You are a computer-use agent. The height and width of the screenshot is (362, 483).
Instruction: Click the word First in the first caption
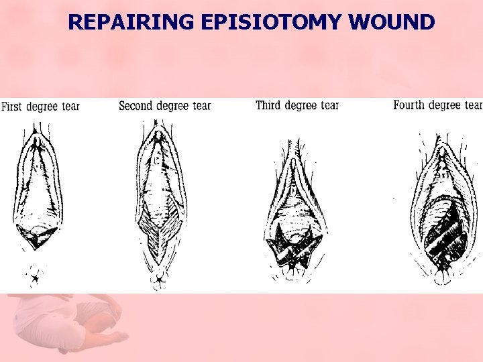11,107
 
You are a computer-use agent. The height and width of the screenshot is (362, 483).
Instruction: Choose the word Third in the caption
268,105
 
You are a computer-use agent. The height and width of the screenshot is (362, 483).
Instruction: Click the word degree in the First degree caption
42,107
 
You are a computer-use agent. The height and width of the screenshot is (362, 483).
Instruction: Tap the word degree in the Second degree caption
173,107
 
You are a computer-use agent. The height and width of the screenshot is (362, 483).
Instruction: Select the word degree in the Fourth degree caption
445,105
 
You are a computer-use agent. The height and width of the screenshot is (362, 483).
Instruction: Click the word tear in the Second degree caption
201,106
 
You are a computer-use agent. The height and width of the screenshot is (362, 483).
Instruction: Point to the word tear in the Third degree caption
329,106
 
